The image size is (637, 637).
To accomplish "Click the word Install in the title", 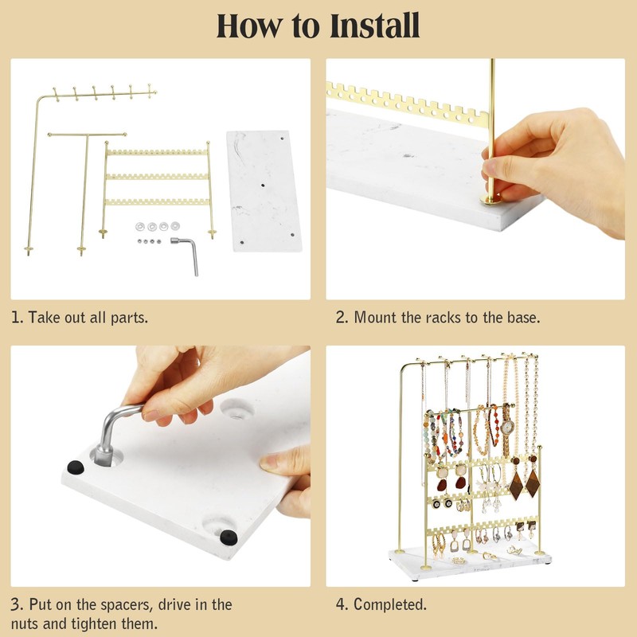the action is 374,25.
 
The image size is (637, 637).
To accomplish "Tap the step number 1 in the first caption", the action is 16,317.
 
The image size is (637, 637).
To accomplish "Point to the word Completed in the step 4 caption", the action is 390,604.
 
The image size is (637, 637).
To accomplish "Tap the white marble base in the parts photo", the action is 264,191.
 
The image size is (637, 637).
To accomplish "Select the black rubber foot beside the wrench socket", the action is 75,467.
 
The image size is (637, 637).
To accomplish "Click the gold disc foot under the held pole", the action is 490,199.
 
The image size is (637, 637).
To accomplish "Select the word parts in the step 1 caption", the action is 129,318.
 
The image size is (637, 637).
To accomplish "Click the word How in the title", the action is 248,25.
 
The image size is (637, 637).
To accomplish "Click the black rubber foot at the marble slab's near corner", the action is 229,537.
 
